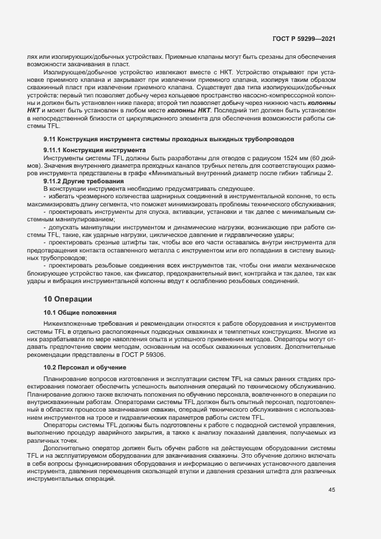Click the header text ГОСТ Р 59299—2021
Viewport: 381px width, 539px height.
(304, 39)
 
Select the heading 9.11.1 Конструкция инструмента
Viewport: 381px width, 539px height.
(95, 150)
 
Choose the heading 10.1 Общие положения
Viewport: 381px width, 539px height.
(80, 312)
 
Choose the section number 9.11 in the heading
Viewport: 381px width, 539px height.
(50, 140)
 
